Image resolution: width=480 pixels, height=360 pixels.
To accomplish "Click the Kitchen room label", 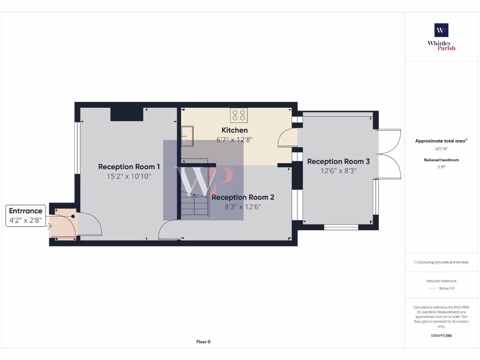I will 234,130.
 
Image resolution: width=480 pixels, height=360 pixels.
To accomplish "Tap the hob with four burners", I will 239,115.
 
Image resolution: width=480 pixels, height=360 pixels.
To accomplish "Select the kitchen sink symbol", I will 187,133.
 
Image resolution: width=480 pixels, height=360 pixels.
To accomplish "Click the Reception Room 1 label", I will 129,166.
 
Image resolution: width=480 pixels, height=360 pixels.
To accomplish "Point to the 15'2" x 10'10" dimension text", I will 128,177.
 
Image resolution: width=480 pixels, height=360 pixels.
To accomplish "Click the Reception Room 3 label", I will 338,161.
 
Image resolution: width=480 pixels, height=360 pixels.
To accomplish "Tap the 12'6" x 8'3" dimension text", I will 338,171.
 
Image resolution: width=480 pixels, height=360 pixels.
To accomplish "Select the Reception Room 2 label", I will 243,197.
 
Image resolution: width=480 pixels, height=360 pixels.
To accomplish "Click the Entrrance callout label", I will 26,211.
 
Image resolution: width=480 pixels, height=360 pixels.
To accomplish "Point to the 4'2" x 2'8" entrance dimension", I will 26,220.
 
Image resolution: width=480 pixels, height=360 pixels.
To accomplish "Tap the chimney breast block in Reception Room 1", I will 127,114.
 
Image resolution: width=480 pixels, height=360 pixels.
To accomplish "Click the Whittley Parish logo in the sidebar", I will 441,37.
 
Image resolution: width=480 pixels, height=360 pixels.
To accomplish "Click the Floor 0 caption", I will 203,342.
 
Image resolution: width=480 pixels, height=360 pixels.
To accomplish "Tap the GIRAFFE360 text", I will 441,336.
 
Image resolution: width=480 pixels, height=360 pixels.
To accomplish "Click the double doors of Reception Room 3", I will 389,154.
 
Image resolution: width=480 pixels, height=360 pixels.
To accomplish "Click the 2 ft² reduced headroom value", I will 441,166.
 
